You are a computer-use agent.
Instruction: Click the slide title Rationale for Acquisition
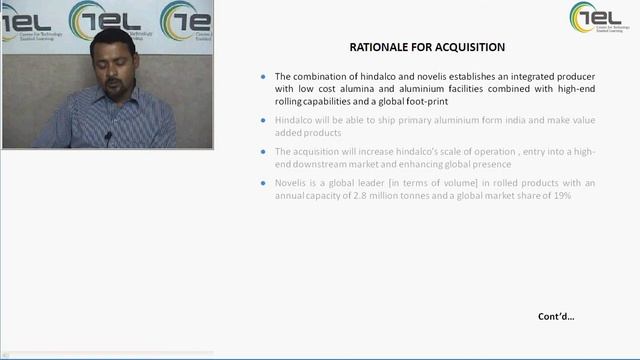click(x=427, y=47)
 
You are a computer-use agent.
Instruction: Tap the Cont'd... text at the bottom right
click(x=556, y=317)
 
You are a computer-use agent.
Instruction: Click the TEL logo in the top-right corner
click(x=599, y=17)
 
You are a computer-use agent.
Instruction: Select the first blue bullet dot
click(x=263, y=76)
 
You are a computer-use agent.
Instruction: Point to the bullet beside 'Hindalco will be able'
click(x=263, y=120)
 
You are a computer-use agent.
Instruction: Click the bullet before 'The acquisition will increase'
click(x=263, y=151)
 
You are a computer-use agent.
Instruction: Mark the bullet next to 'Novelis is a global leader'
click(x=263, y=183)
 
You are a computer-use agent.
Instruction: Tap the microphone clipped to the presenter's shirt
click(x=107, y=135)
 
